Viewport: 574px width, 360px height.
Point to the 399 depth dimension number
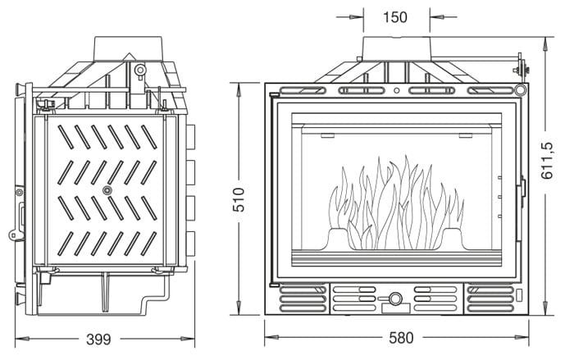(x=98, y=339)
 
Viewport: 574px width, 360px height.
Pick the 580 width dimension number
(x=399, y=339)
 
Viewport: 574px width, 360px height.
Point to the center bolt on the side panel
(x=107, y=190)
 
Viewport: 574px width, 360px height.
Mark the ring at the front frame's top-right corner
(x=520, y=89)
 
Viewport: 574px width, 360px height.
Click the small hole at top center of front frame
(x=397, y=90)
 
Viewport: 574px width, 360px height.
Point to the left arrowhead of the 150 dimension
(x=360, y=16)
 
